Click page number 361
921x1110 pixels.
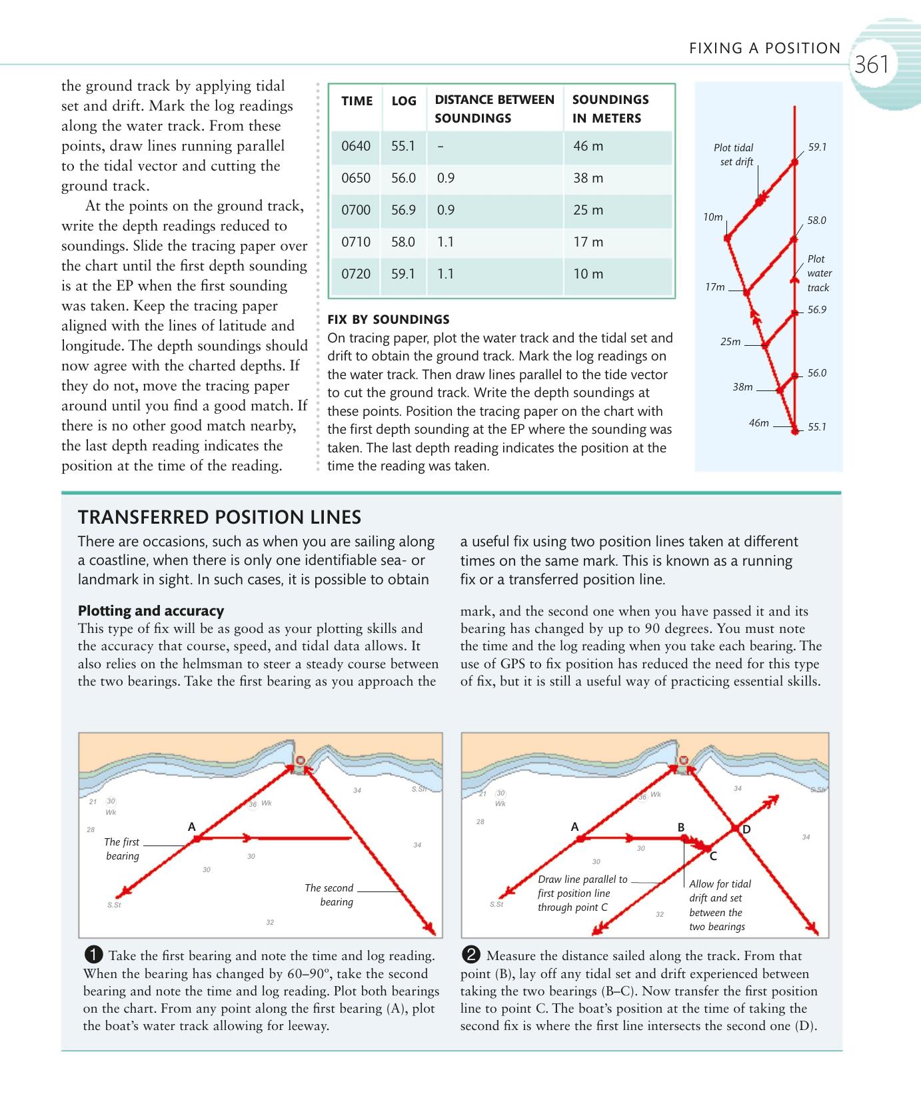tap(871, 65)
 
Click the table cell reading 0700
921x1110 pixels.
tap(355, 210)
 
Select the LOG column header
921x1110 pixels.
tap(404, 101)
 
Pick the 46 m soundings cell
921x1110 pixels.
tap(588, 146)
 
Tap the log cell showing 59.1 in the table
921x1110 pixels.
tap(403, 274)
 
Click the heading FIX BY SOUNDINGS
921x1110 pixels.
tap(388, 319)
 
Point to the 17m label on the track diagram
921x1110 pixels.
tap(714, 286)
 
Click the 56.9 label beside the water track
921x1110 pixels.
tap(816, 310)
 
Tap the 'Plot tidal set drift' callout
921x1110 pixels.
tap(734, 155)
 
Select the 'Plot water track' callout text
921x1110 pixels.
tap(819, 273)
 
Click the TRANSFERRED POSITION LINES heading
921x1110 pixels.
tap(219, 517)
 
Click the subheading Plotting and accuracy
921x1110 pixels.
tap(151, 610)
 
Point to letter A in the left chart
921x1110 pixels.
tap(192, 826)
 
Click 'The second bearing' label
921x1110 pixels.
tap(329, 895)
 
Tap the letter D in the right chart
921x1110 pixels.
tap(746, 830)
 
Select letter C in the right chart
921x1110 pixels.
tap(712, 856)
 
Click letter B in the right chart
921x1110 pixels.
tap(681, 827)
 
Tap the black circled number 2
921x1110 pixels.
tap(471, 955)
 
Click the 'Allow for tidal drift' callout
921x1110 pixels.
tap(719, 905)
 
